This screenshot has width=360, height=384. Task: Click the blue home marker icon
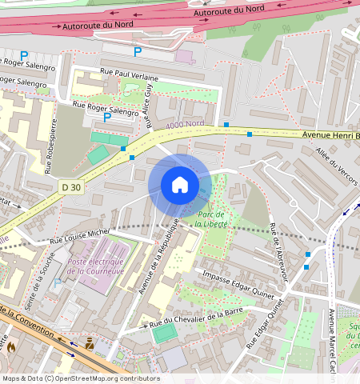click(x=180, y=185)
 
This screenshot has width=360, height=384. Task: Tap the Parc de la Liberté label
click(x=209, y=219)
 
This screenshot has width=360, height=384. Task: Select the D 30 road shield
click(x=71, y=186)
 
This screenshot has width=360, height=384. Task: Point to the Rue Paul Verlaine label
click(x=129, y=74)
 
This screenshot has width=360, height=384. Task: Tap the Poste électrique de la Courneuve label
click(x=95, y=266)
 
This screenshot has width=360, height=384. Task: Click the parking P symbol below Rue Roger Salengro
click(x=106, y=118)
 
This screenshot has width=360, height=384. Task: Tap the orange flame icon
click(x=11, y=346)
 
